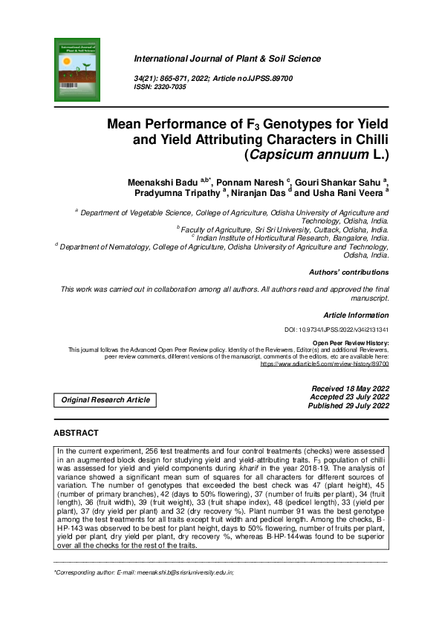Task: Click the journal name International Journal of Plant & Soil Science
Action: click(x=227, y=59)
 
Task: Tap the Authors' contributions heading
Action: click(x=348, y=272)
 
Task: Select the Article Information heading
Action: click(x=356, y=315)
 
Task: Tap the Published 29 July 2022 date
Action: click(x=348, y=405)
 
